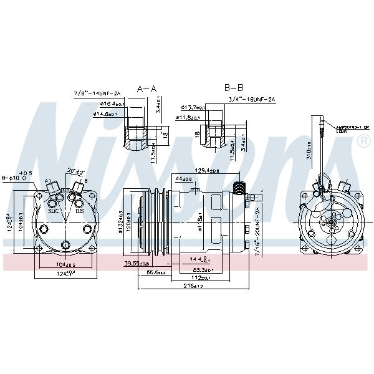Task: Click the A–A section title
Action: [x=146, y=89]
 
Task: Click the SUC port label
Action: [x=53, y=211]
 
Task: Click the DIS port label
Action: [x=80, y=211]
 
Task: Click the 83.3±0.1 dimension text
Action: [x=199, y=270]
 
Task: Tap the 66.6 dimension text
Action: [x=155, y=272]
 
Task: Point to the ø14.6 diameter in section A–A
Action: [x=105, y=113]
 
